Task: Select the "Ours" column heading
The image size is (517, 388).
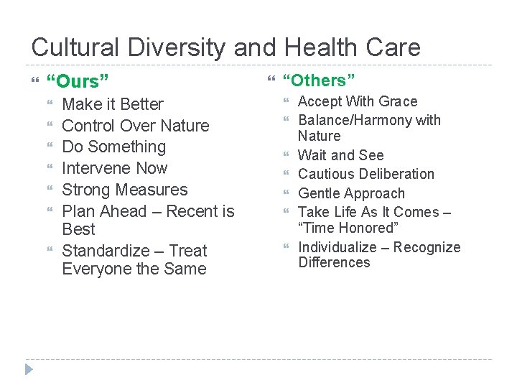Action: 77,81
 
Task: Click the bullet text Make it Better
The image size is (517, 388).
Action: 113,104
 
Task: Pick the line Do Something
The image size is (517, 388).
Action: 113,147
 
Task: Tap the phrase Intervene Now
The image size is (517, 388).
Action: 114,168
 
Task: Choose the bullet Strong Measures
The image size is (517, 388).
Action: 124,190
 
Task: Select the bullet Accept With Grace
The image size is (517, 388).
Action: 357,101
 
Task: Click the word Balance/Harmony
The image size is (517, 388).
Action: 355,120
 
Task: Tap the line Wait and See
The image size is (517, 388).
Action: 340,155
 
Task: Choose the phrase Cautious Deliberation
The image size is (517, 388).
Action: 365,174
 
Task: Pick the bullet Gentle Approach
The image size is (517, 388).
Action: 351,193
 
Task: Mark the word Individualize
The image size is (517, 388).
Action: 340,247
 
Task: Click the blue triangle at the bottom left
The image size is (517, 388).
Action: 28,369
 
